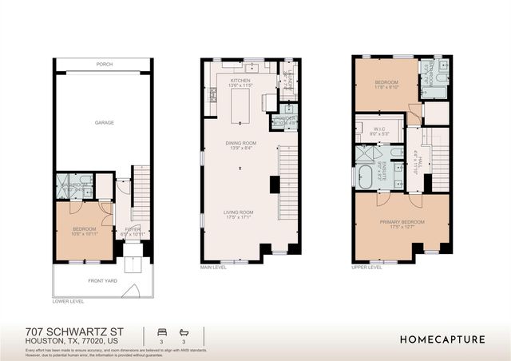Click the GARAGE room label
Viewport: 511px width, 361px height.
point(104,122)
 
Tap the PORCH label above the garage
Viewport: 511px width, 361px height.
point(104,63)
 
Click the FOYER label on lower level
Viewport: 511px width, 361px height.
point(132,230)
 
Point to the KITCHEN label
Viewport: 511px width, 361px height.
point(240,81)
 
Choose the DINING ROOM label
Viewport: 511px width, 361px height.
point(240,143)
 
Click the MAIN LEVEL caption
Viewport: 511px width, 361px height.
point(214,268)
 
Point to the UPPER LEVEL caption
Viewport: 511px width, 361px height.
point(367,268)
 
